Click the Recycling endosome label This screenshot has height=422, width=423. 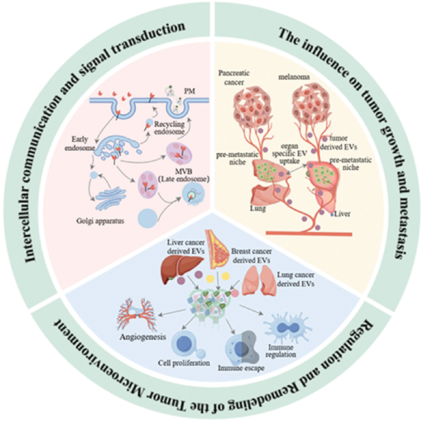[169, 128]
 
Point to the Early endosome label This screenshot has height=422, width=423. [80, 144]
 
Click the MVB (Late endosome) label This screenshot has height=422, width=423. [188, 175]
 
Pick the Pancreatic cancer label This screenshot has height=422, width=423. [234, 78]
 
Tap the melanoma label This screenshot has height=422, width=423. [294, 77]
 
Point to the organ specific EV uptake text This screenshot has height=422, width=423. [290, 153]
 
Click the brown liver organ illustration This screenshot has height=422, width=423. [182, 270]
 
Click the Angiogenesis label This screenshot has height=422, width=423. [143, 337]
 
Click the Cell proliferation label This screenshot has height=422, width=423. [184, 363]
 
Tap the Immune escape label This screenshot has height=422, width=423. [241, 368]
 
